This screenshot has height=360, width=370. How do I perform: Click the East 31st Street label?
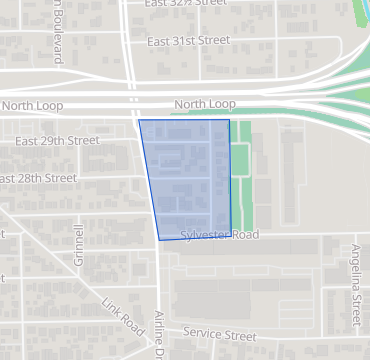coord(188,41)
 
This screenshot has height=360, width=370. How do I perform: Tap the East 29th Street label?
coord(57,141)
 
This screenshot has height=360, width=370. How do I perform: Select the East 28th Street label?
coord(38,178)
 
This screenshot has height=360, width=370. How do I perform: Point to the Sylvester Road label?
coord(220,235)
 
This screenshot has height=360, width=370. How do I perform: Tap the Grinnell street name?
coord(79,242)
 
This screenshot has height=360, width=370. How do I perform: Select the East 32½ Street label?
coord(186,4)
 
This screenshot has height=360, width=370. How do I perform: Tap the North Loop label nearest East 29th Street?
coord(32,105)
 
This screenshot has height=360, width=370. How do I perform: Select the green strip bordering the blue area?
coord(240,185)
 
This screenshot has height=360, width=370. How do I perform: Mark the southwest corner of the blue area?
coord(159,240)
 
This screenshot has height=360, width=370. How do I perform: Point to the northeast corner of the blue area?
coord(229,120)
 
